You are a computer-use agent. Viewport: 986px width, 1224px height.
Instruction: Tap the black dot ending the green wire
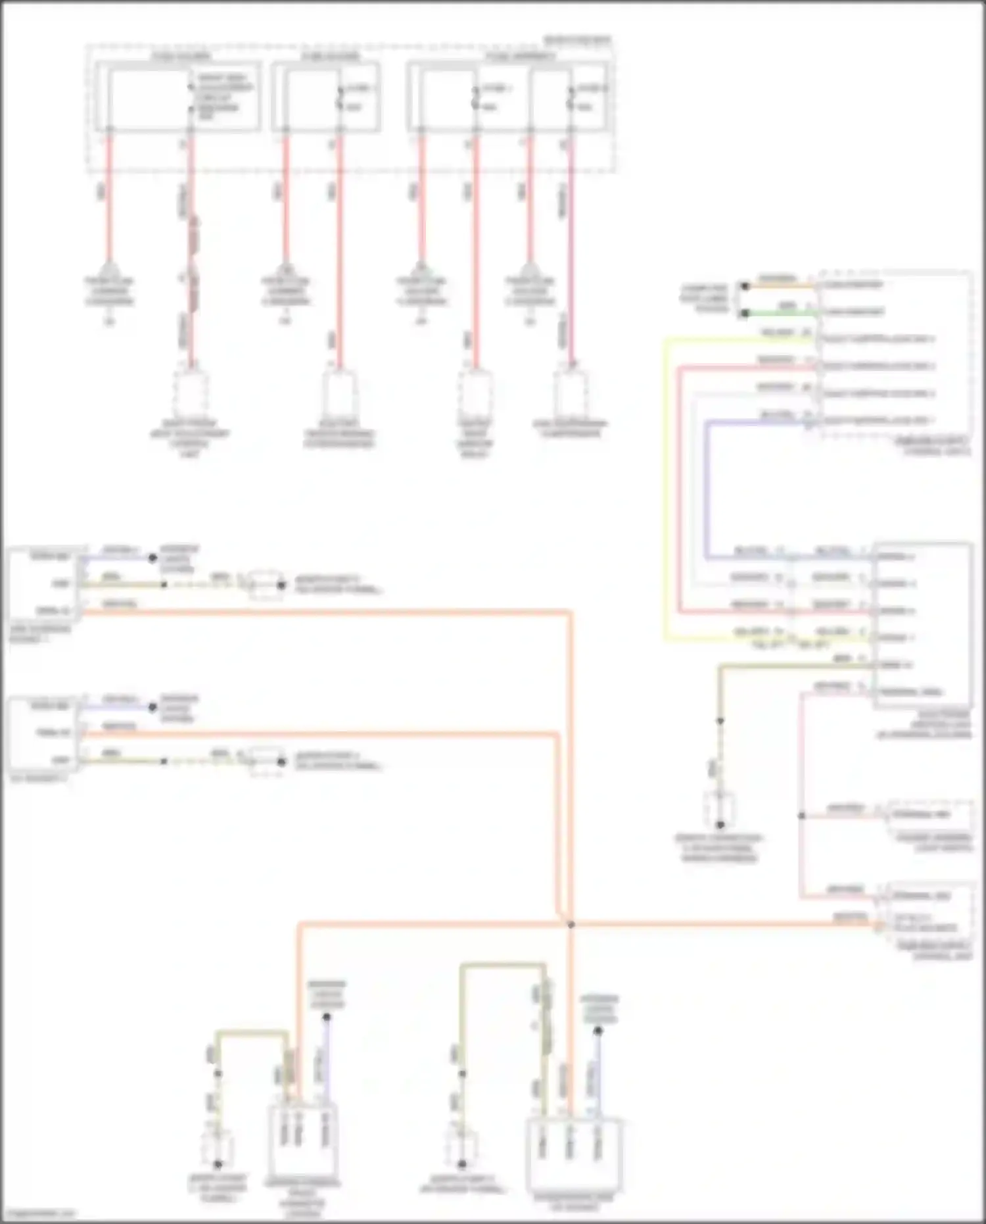point(745,314)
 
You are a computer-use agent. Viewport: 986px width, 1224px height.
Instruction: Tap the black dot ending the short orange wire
point(745,286)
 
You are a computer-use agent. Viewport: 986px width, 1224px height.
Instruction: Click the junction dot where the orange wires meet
point(571,925)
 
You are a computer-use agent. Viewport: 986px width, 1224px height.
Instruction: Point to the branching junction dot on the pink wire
point(802,816)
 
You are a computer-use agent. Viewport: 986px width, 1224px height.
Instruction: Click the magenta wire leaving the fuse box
point(571,263)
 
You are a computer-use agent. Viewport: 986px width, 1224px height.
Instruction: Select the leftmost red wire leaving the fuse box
point(109,197)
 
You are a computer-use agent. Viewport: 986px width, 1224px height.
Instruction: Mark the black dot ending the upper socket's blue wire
point(153,558)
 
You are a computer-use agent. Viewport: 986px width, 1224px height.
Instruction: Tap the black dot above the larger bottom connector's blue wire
point(598,1031)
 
